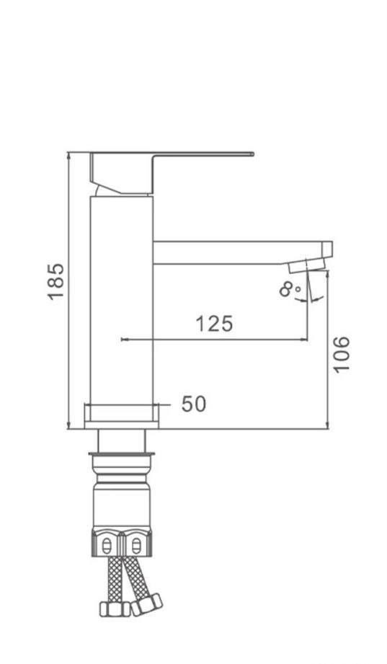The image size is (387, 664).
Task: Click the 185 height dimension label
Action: coord(56,282)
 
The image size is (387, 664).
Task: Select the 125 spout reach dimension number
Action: coord(215,324)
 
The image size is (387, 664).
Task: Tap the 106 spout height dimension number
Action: coord(342,353)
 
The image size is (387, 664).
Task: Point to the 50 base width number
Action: coord(193,404)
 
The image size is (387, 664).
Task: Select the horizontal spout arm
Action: coord(238,252)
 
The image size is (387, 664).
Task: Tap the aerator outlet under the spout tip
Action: coord(301,267)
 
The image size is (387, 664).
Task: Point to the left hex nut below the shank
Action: coord(107,544)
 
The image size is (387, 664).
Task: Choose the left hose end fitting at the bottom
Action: coord(112,610)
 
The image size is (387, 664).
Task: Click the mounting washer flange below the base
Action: coord(121,454)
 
